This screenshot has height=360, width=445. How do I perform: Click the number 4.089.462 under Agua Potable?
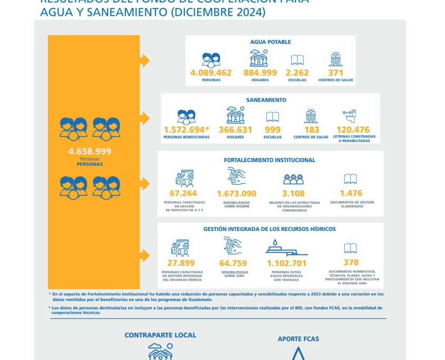pyautogui.click(x=211, y=73)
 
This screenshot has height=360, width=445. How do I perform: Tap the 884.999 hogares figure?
pyautogui.click(x=260, y=73)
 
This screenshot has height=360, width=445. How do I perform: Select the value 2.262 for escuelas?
pyautogui.click(x=297, y=73)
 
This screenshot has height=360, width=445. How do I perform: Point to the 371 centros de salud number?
pyautogui.click(x=335, y=73)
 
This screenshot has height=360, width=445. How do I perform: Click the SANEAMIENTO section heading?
pyautogui.click(x=266, y=100)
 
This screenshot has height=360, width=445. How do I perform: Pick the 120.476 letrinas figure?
pyautogui.click(x=353, y=129)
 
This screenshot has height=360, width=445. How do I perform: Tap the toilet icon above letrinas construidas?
pyautogui.click(x=349, y=115)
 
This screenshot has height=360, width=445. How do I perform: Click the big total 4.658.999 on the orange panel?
pyautogui.click(x=90, y=151)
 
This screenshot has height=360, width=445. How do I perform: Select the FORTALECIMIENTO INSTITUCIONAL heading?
pyautogui.click(x=270, y=160)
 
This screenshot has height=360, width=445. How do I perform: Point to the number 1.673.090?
pyautogui.click(x=236, y=194)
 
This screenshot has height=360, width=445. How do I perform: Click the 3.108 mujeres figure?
pyautogui.click(x=293, y=194)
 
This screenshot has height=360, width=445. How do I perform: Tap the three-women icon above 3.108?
pyautogui.click(x=293, y=179)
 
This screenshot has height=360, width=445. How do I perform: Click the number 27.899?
pyautogui.click(x=181, y=263)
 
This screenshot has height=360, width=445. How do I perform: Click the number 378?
pyautogui.click(x=351, y=262)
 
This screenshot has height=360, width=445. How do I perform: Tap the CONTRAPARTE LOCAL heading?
pyautogui.click(x=160, y=335)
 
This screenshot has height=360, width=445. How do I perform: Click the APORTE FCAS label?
pyautogui.click(x=298, y=339)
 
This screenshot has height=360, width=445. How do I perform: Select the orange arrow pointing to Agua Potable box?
pyautogui.click(x=145, y=61)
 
